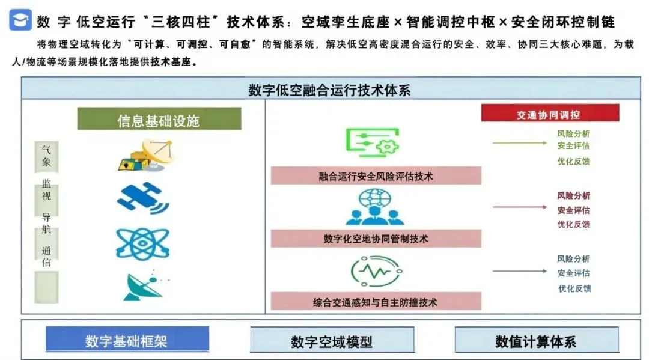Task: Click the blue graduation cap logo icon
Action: pos(20,20)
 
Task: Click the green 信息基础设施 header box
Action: pos(159,119)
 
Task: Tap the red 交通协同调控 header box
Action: pos(549,114)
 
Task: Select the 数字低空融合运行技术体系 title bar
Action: pos(331,90)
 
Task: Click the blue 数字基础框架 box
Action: pos(127,340)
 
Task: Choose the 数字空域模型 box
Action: pos(332,341)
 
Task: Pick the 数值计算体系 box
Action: pos(536,340)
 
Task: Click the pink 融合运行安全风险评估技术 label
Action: pos(376,176)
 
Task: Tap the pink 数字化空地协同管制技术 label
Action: pos(376,239)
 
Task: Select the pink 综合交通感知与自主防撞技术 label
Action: pos(376,302)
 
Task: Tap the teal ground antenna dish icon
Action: pos(142,286)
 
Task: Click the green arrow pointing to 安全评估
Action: pos(519,143)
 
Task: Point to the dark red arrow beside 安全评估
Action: pos(519,208)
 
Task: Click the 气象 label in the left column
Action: pos(46,155)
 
